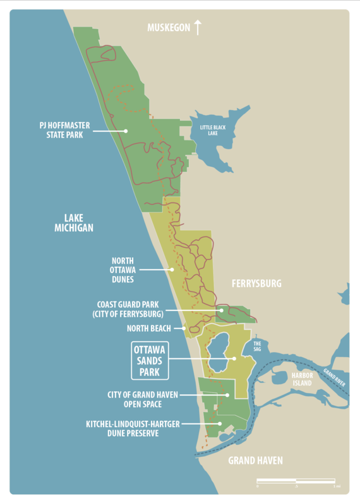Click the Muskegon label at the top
169,28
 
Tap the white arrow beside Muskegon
198,27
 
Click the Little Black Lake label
212,131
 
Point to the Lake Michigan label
74,222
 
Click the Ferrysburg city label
256,284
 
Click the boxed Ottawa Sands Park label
150,360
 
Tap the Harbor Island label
302,379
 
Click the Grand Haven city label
255,460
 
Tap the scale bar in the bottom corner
296,482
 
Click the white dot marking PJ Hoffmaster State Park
126,131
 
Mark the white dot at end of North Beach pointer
184,328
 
